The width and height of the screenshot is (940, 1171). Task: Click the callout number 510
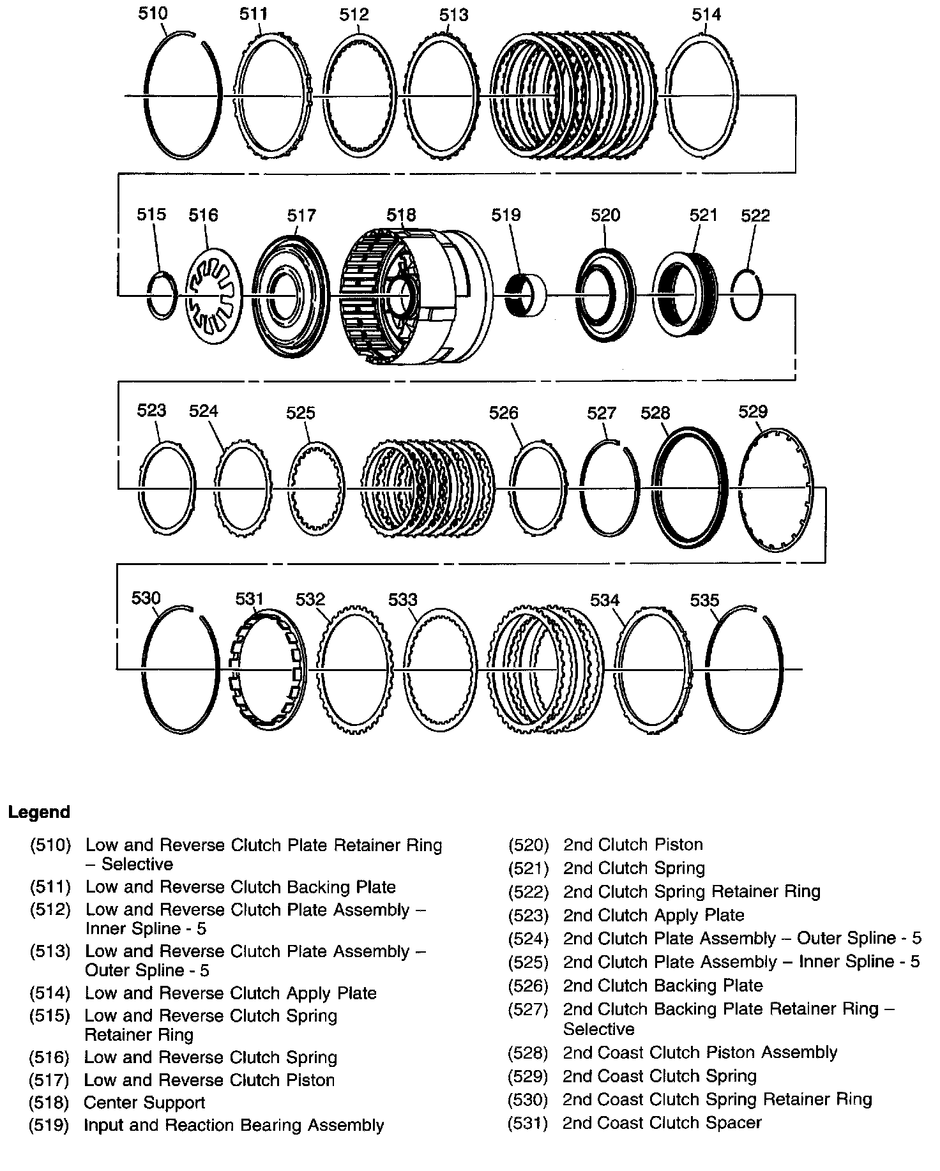pos(153,13)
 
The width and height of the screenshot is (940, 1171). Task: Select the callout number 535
pos(704,600)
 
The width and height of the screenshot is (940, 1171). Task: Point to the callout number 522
pos(755,215)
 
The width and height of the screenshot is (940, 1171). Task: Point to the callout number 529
pos(753,411)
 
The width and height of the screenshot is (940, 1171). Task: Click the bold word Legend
pos(39,812)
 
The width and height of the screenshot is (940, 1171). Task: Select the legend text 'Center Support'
pos(144,1103)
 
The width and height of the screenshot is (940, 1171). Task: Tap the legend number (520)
pos(528,845)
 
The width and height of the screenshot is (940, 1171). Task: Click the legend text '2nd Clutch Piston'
pos(633,845)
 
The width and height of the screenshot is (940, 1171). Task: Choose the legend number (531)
pos(527,1122)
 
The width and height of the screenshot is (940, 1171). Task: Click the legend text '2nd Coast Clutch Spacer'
pos(662,1122)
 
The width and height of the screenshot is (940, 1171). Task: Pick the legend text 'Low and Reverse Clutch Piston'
pos(209,1080)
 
